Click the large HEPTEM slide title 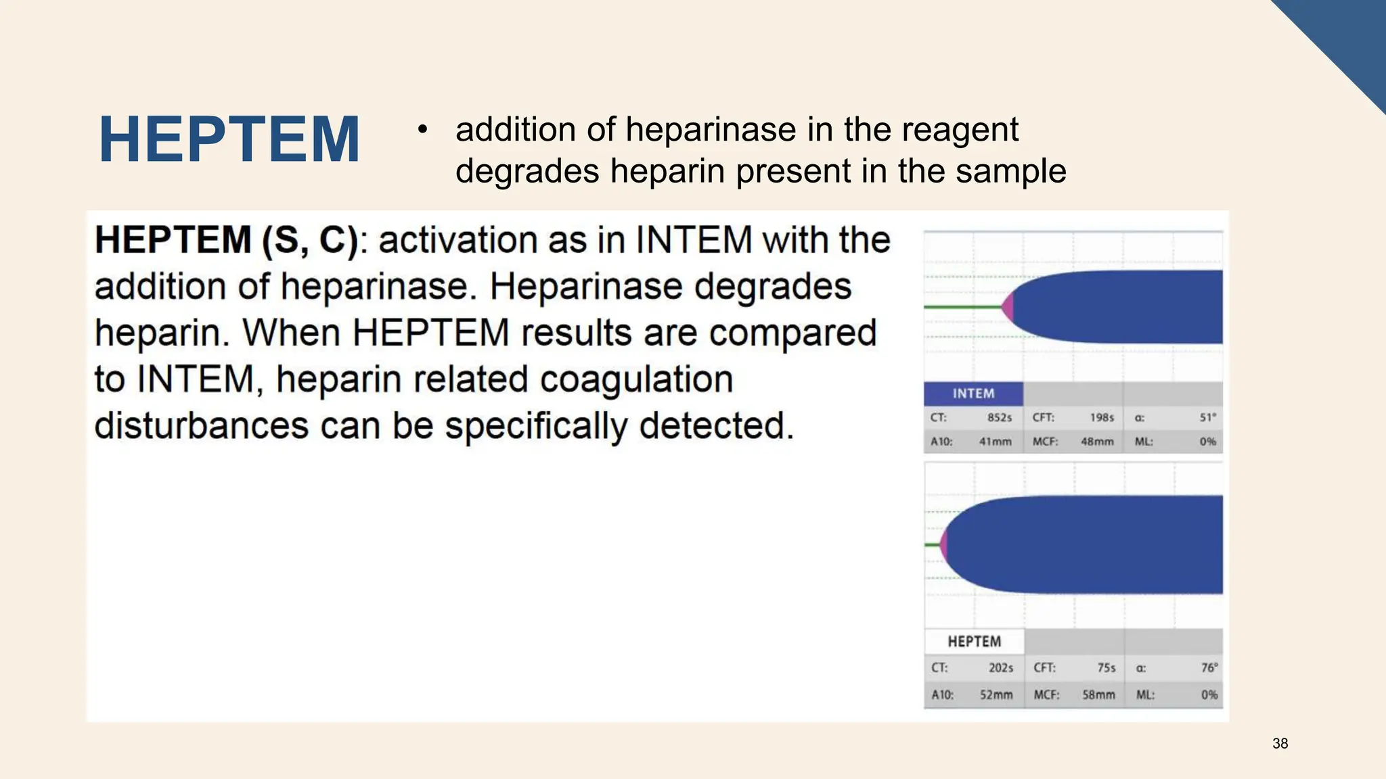pyautogui.click(x=229, y=140)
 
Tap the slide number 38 pyautogui.click(x=1280, y=744)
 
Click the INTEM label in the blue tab pyautogui.click(x=973, y=394)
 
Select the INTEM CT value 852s pyautogui.click(x=1000, y=418)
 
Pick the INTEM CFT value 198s pyautogui.click(x=1102, y=418)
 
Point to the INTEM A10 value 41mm pyautogui.click(x=996, y=442)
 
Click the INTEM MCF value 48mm pyautogui.click(x=1097, y=442)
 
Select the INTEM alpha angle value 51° pyautogui.click(x=1207, y=418)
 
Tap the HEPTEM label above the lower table pyautogui.click(x=974, y=641)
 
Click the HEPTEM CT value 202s pyautogui.click(x=1001, y=667)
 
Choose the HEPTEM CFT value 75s pyautogui.click(x=1106, y=667)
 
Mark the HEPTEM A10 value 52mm pyautogui.click(x=996, y=694)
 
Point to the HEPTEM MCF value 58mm pyautogui.click(x=1098, y=694)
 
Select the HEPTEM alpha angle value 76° pyautogui.click(x=1209, y=667)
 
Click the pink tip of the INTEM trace pyautogui.click(x=1008, y=308)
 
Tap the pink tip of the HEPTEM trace pyautogui.click(x=943, y=544)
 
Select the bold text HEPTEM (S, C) pyautogui.click(x=226, y=240)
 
